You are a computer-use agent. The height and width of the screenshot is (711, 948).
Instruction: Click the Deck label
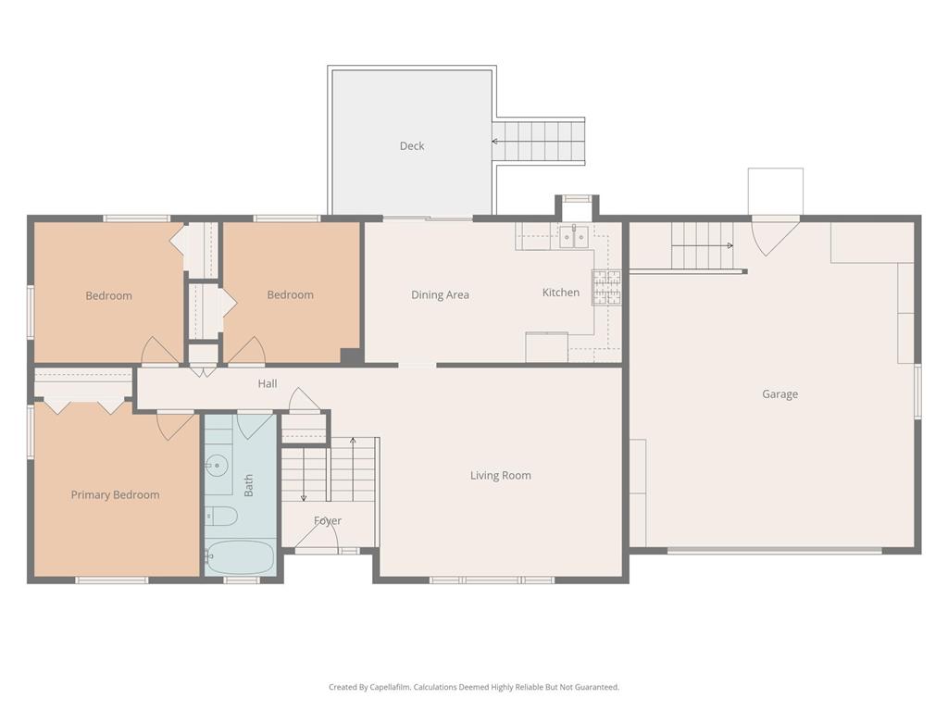(412, 146)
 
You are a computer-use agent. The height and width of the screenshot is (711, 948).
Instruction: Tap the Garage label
(780, 394)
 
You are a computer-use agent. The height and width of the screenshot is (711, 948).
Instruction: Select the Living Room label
(500, 476)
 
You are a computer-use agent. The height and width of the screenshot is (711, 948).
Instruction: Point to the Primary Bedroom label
(115, 495)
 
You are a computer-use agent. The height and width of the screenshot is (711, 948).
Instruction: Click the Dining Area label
(440, 295)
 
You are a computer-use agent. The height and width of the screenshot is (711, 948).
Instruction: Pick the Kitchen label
(560, 293)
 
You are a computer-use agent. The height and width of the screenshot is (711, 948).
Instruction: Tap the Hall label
(268, 384)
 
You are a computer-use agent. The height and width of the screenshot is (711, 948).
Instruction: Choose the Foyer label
(327, 521)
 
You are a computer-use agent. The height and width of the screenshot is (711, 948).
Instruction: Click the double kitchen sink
(574, 237)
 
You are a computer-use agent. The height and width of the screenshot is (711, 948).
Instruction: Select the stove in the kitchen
(606, 287)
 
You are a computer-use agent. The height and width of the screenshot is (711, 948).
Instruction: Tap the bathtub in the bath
(240, 557)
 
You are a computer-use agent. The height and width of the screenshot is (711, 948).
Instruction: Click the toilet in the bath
(220, 516)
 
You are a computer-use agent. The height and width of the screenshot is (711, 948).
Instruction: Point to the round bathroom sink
(218, 464)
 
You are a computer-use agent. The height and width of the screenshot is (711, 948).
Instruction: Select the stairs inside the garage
(701, 245)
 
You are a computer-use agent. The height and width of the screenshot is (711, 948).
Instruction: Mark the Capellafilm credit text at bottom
(473, 687)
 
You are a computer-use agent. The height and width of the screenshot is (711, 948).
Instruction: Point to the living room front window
(492, 580)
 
